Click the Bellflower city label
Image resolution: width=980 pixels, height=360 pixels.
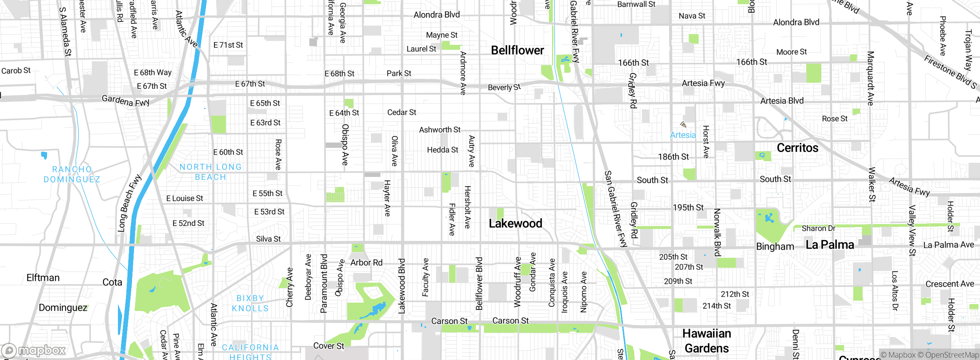pos(517,50)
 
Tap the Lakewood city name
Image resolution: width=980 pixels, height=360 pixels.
pos(515,223)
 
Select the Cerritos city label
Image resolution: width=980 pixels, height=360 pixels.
pos(797,148)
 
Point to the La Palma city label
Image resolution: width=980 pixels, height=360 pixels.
pos(830,245)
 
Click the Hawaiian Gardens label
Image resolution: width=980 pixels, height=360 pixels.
pos(707,341)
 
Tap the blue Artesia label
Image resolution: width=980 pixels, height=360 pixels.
pos(683,135)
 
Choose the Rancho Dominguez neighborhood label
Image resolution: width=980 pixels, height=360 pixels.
pos(72,174)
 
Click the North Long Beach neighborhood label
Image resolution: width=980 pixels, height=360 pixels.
pos(211,172)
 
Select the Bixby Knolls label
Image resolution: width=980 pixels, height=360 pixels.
pos(250,303)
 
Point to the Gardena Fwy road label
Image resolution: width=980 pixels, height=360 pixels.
pos(125,101)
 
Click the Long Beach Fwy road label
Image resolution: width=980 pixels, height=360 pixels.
pos(129,203)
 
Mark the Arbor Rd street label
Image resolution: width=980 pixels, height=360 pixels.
pos(366,263)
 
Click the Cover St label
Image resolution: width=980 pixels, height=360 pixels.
pos(328,346)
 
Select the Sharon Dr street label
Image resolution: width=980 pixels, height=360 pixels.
pos(818,228)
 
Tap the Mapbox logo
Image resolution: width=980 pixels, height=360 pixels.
pos(34,350)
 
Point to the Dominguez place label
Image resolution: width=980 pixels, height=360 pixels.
pos(63,308)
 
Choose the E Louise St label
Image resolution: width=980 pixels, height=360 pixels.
pos(185,198)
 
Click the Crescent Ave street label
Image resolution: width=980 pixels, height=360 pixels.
pos(949,284)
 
